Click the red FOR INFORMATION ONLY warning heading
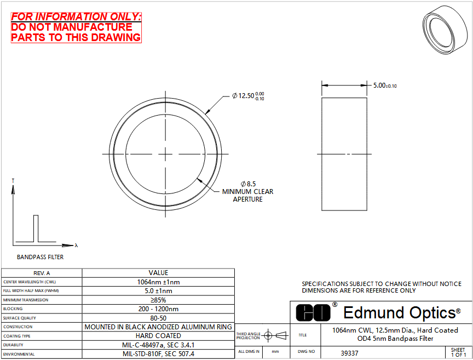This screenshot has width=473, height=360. pos(76,16)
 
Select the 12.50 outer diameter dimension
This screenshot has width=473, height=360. pos(248,96)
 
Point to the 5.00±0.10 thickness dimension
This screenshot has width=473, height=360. pos(385,85)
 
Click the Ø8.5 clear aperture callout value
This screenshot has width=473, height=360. pos(248,184)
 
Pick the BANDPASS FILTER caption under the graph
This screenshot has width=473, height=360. pos(40,257)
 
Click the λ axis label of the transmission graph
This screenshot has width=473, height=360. pos(76,245)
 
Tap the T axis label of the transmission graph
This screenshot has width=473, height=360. pos(13,181)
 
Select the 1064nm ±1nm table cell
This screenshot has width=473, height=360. pos(158,282)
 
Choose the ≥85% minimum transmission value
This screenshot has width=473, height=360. pos(158,300)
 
